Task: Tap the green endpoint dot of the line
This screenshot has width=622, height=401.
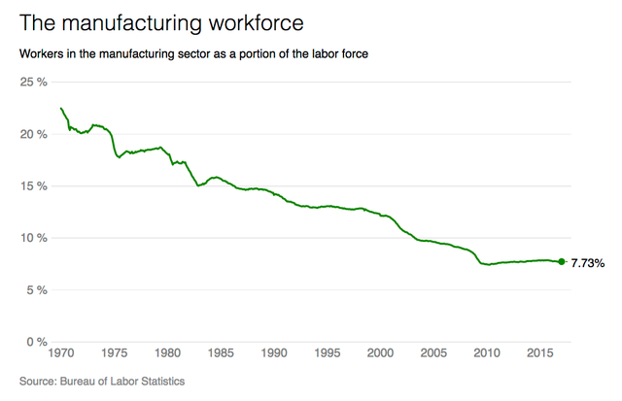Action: tap(562, 261)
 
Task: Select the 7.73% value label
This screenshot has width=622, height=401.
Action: tap(588, 262)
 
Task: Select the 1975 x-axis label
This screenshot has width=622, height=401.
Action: tap(114, 355)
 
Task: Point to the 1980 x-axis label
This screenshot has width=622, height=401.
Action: tap(166, 355)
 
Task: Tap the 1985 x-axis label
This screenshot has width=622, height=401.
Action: tap(220, 355)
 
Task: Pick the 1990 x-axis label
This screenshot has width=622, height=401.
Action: tap(273, 355)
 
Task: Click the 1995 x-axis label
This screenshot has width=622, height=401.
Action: tap(327, 355)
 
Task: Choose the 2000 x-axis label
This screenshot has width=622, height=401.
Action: tap(380, 355)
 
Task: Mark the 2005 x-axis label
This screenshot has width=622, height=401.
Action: tap(433, 355)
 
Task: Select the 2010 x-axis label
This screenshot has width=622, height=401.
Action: tap(486, 355)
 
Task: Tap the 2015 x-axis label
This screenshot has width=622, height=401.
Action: tap(539, 355)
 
